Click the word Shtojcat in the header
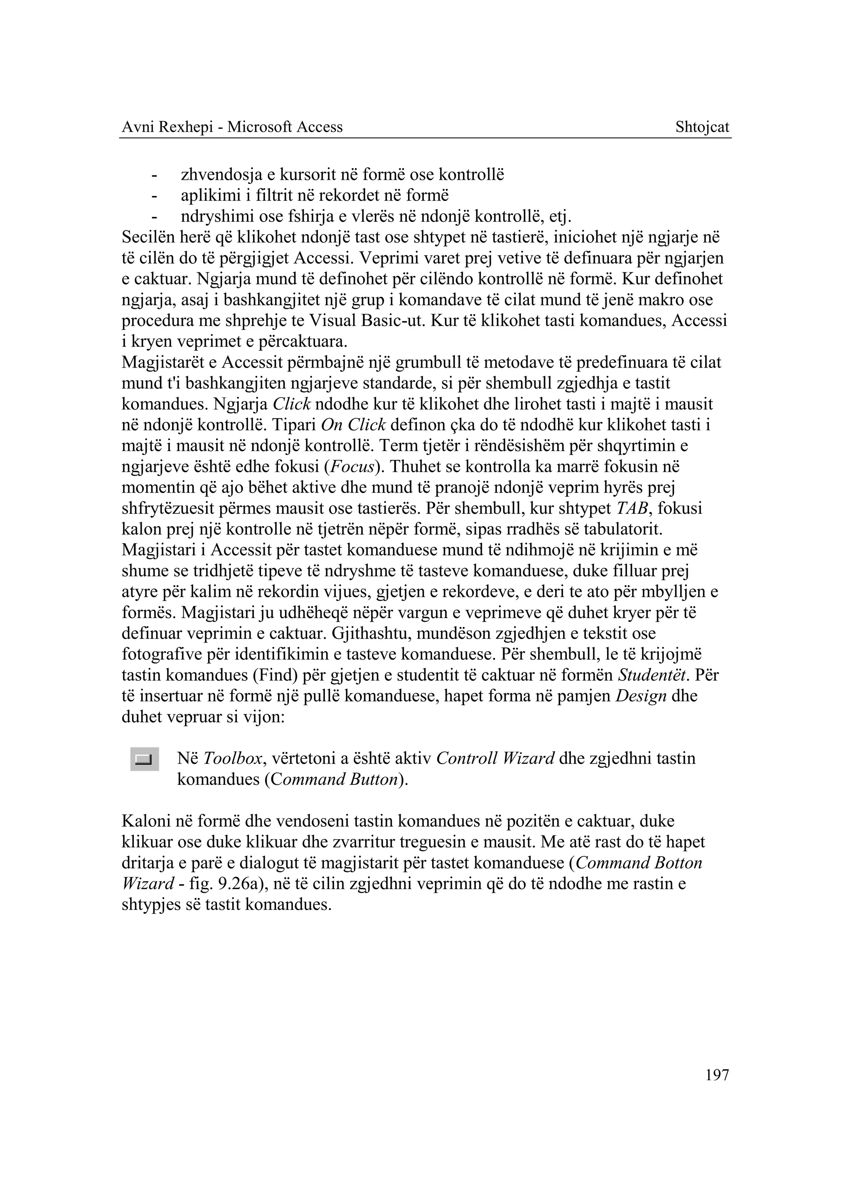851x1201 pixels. coord(702,127)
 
